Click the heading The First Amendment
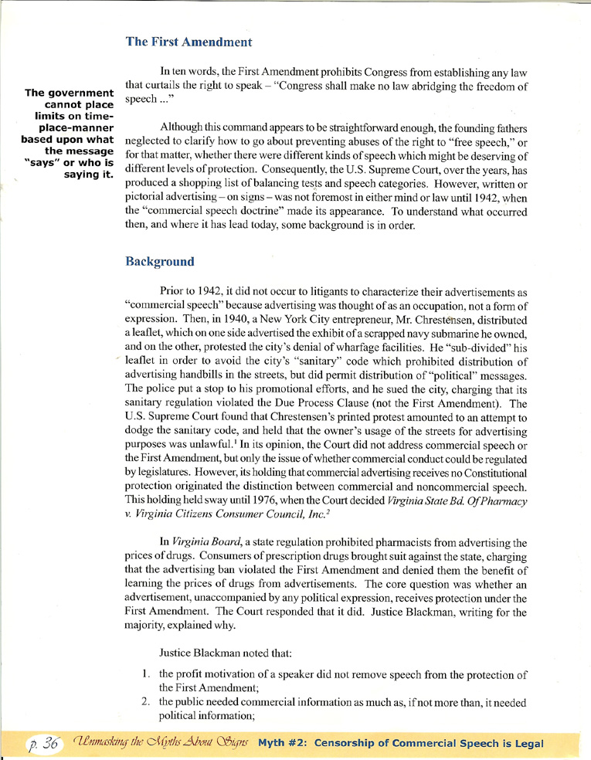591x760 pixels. [x=189, y=42]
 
